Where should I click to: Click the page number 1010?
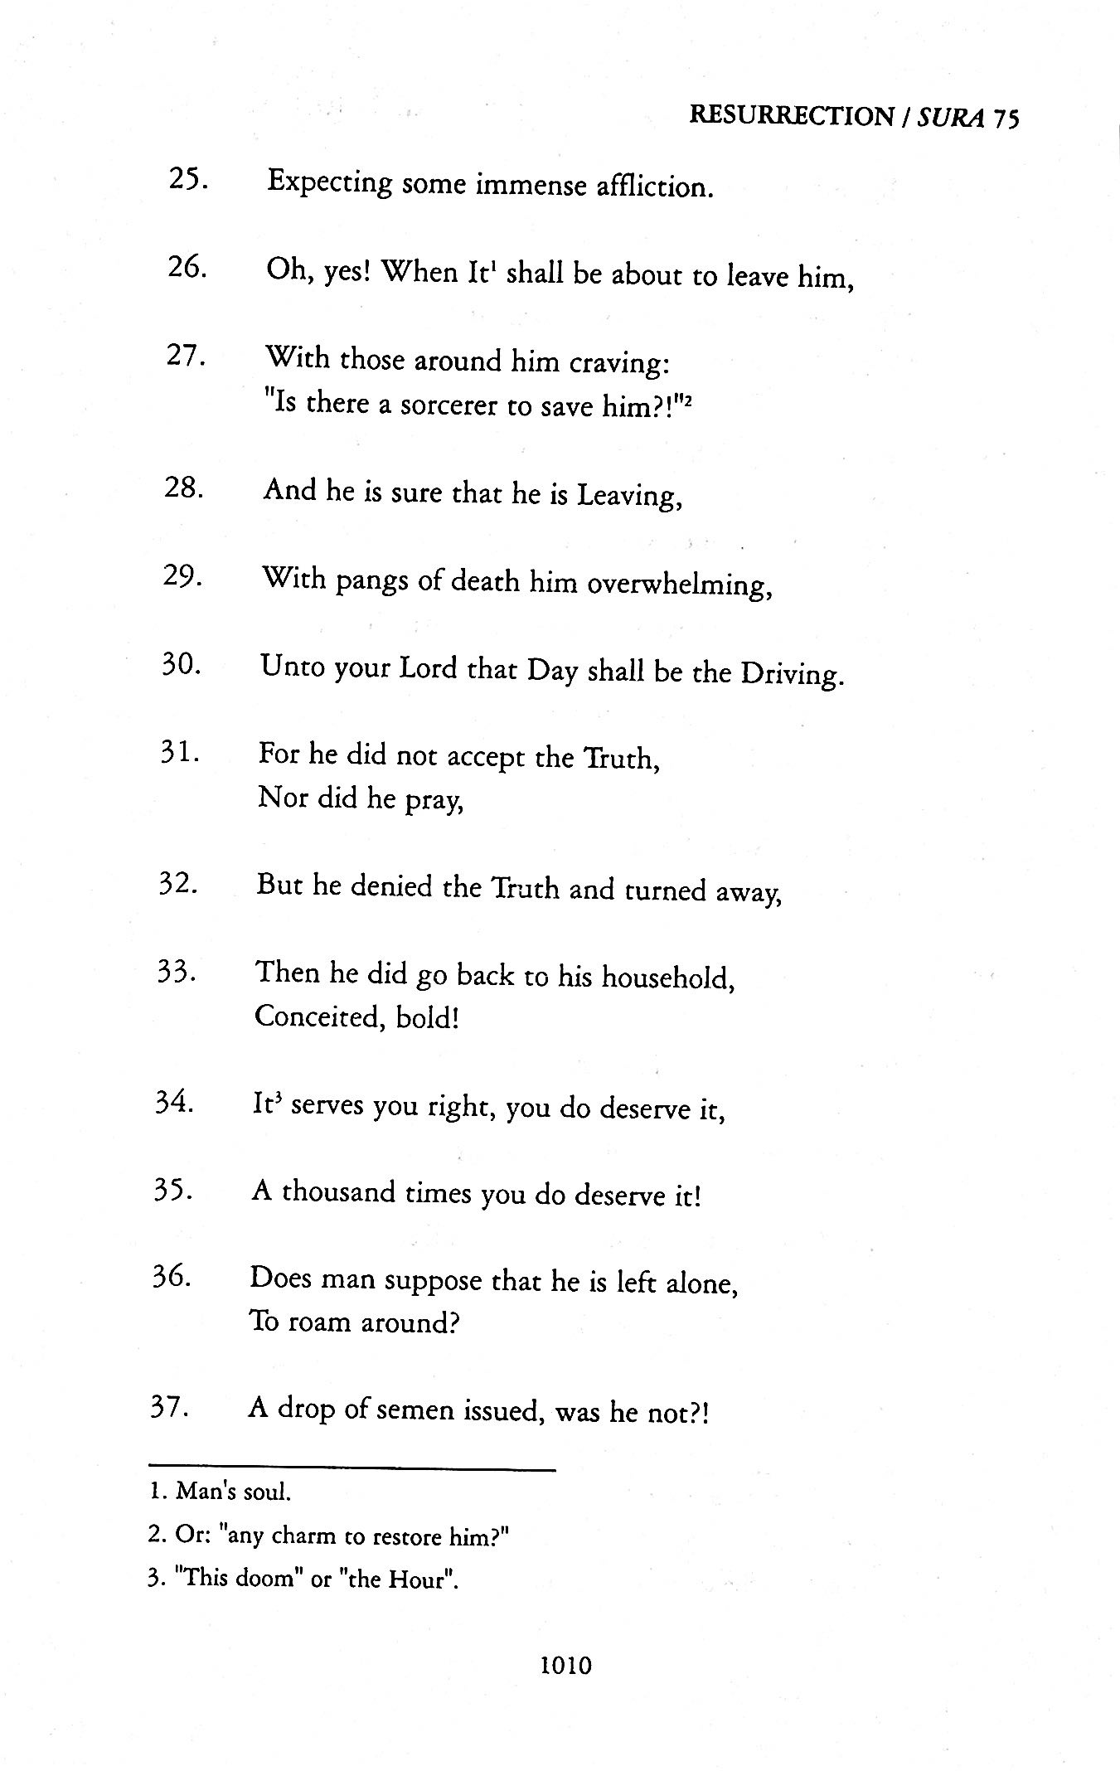point(565,1664)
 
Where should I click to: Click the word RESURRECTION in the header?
point(791,116)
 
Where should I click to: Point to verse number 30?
point(179,665)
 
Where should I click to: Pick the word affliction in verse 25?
point(655,186)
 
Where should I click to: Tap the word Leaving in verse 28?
point(629,496)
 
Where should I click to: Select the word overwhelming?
point(680,585)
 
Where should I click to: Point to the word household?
point(667,978)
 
